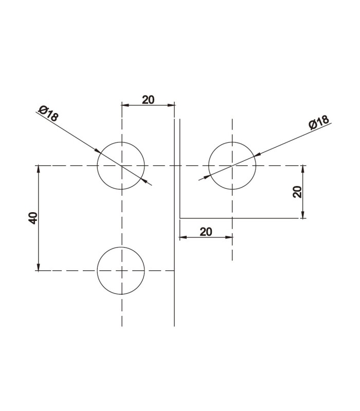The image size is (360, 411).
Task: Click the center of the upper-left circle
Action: click(121, 165)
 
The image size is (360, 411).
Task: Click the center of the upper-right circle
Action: click(232, 165)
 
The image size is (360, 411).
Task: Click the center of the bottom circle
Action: click(121, 270)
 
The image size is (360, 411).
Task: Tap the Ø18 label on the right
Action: click(318, 122)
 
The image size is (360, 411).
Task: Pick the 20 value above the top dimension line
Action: click(148, 99)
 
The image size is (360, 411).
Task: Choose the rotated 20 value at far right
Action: click(297, 192)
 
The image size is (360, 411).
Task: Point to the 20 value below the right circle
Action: click(206, 232)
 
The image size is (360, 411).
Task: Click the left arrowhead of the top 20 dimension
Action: click(124, 105)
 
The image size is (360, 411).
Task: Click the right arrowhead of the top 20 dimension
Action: click(172, 105)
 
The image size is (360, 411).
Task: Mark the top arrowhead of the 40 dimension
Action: click(38, 169)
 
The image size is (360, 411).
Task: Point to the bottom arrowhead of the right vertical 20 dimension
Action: click(303, 215)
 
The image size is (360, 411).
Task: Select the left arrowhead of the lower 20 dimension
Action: click(183, 237)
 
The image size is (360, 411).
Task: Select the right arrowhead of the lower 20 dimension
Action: click(229, 237)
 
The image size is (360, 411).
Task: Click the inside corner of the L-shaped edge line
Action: click(179, 218)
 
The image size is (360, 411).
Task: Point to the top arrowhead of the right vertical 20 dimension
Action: click(303, 169)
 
